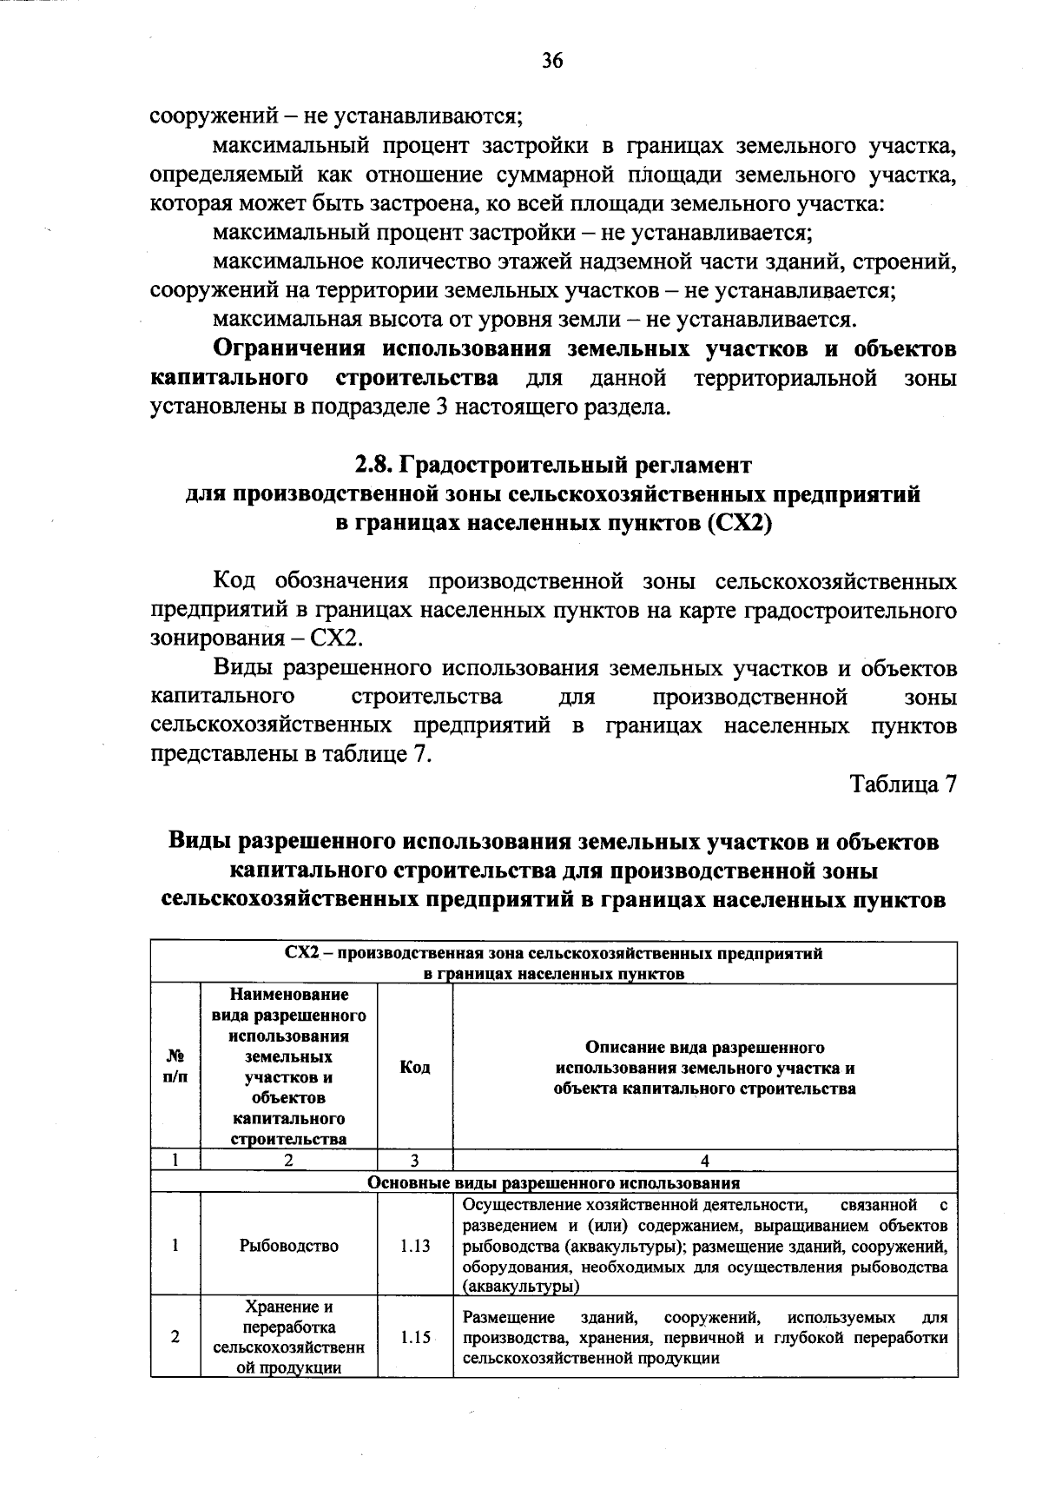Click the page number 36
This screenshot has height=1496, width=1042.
552,60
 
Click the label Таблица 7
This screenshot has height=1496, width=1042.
903,784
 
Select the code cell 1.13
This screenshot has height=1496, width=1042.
415,1246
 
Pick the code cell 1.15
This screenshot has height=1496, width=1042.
415,1338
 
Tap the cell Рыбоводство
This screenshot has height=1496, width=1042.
289,1246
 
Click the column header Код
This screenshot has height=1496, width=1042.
415,1067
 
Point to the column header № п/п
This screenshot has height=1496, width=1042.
175,1067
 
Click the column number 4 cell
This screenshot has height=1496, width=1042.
704,1161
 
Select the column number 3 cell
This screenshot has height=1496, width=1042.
415,1161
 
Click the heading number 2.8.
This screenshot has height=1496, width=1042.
374,466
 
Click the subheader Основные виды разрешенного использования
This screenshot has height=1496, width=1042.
554,1182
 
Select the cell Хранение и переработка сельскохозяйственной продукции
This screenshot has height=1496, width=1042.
289,1338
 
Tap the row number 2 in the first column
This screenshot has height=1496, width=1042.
175,1338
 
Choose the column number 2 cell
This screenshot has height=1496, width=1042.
289,1161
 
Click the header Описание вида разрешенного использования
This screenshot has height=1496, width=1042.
704,1068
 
